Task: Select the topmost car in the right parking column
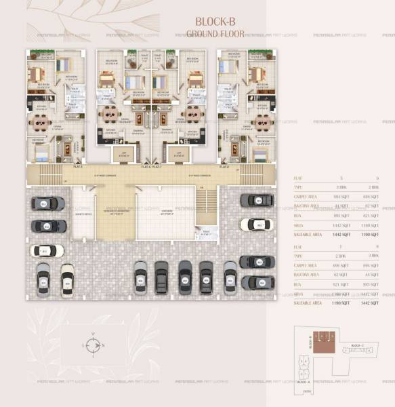257,201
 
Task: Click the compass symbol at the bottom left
93,345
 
